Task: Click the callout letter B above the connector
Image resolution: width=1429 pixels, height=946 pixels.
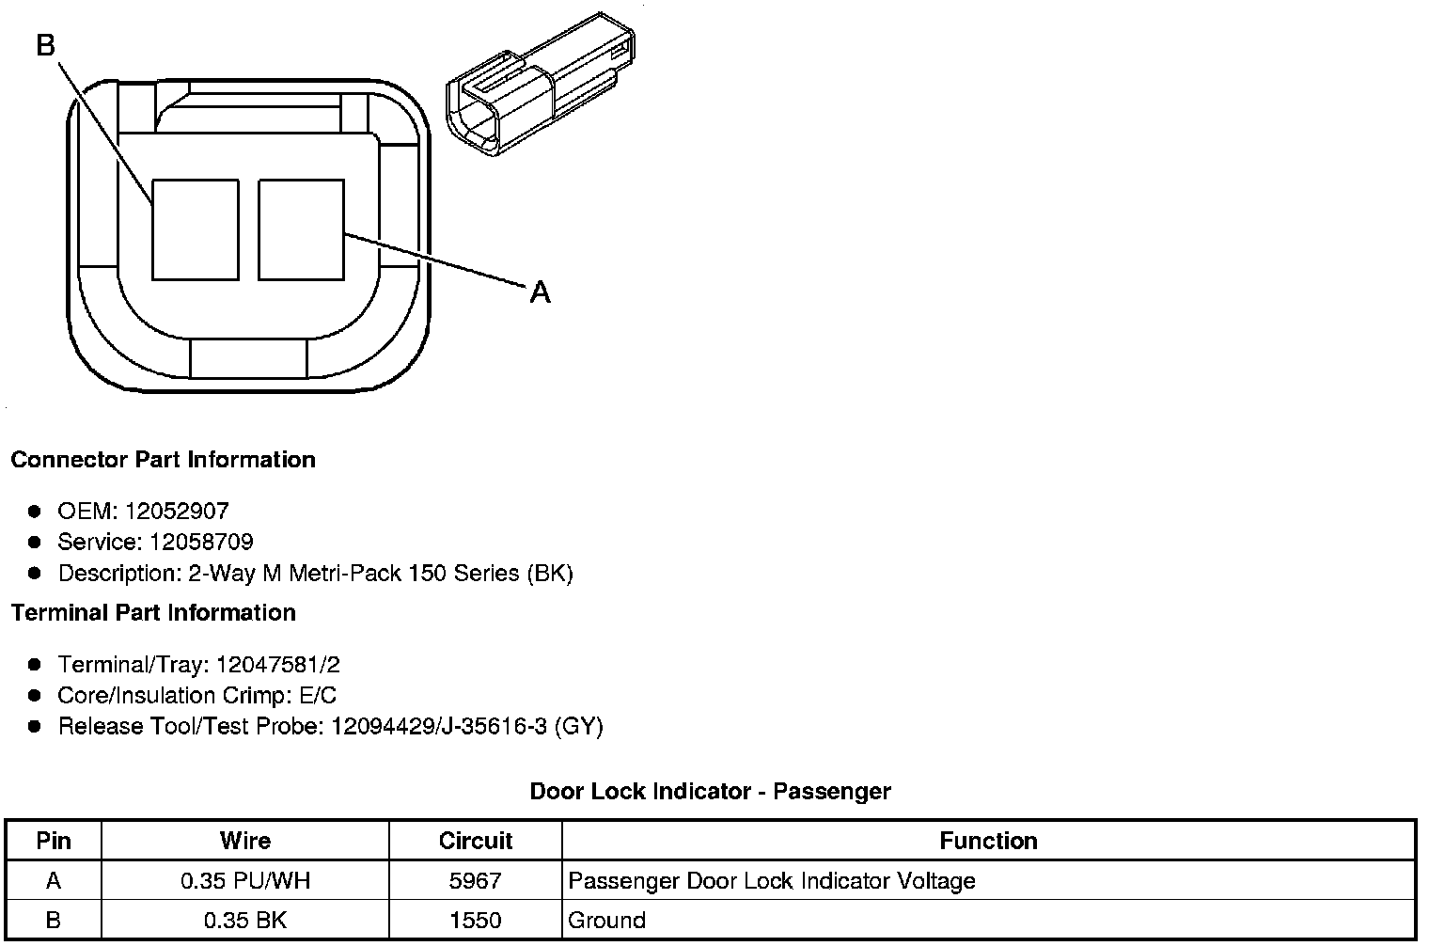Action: [x=46, y=45]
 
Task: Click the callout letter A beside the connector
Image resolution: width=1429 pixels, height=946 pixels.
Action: [x=540, y=292]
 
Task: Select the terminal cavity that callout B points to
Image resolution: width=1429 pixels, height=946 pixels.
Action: [x=196, y=229]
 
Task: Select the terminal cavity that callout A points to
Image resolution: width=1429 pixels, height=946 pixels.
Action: [x=301, y=229]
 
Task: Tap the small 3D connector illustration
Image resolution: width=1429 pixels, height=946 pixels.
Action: [x=541, y=85]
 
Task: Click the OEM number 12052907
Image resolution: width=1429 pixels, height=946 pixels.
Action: [x=177, y=511]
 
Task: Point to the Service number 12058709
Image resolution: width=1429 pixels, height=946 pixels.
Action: [x=201, y=542]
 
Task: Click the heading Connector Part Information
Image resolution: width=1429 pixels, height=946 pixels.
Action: [x=164, y=459]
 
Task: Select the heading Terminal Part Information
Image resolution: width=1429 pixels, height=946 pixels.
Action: [x=153, y=612]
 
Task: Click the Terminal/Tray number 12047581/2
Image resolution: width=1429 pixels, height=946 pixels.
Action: [x=278, y=665]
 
